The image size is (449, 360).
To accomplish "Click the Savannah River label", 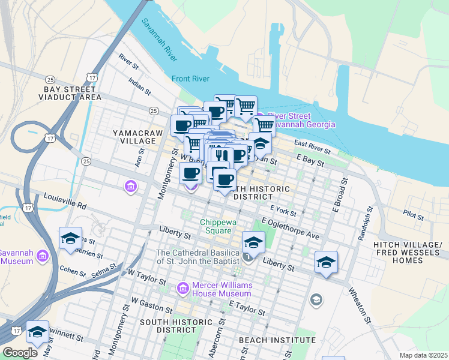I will (x=159, y=41).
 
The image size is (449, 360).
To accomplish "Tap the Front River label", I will (x=190, y=79).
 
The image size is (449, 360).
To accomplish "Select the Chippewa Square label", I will (x=215, y=227).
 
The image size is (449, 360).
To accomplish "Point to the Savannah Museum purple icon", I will (x=43, y=257).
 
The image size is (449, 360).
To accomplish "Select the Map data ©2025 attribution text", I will (x=423, y=355).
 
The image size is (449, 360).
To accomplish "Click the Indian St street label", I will (x=139, y=85).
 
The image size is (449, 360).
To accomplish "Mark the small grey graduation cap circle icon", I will (x=316, y=299).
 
